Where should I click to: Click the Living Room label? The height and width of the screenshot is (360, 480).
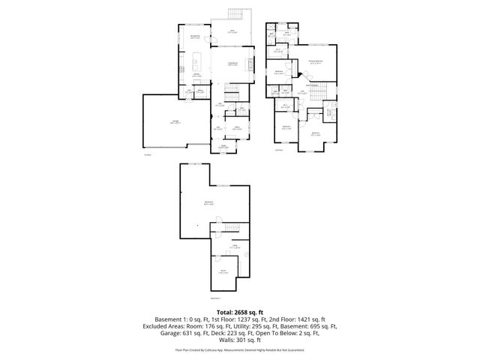pyautogui.click(x=232, y=64)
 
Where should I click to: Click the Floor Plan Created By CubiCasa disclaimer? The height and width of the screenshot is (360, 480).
pyautogui.click(x=240, y=349)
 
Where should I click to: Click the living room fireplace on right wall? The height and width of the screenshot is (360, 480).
pyautogui.click(x=250, y=64)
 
